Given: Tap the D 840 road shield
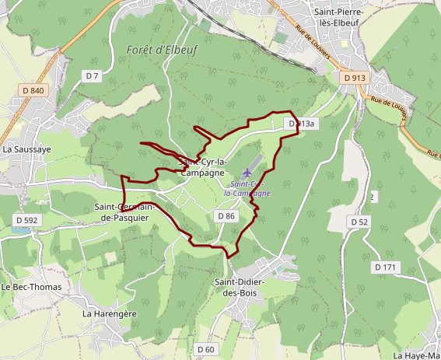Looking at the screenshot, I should point(34,90).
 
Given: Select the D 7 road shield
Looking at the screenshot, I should point(93,75).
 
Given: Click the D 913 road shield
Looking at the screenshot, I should point(353,78).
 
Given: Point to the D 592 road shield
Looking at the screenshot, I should point(26,220).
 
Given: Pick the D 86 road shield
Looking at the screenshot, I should point(226,215).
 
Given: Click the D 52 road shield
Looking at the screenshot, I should point(359,222).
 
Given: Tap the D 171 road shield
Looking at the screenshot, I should point(385,267).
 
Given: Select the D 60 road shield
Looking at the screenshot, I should point(205,349).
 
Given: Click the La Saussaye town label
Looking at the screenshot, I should point(27,149).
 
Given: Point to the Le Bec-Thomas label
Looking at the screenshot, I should point(31,287).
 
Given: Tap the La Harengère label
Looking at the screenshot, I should point(110,313).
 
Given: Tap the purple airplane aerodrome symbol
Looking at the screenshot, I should point(247,172).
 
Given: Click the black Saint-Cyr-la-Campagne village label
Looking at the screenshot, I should point(202,167).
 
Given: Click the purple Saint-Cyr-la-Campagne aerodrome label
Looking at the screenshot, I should point(247,187).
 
